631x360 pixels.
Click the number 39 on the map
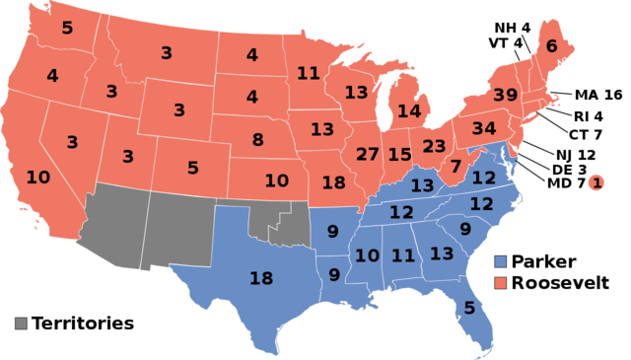click(x=505, y=95)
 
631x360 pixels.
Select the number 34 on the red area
click(x=484, y=129)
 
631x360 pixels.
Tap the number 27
click(x=368, y=155)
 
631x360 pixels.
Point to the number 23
click(x=435, y=146)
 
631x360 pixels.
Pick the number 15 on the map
click(x=399, y=155)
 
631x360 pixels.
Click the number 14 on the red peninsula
click(x=408, y=111)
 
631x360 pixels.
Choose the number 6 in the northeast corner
click(x=551, y=46)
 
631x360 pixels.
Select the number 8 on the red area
click(x=257, y=140)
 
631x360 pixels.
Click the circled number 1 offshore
click(x=596, y=182)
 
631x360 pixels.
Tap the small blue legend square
click(x=500, y=261)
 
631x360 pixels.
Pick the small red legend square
click(x=500, y=283)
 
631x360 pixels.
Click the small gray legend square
click(x=21, y=323)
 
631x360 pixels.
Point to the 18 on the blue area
click(x=261, y=279)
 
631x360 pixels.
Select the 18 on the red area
click(x=333, y=182)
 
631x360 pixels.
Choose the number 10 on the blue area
click(x=367, y=256)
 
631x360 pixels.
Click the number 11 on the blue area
click(x=403, y=256)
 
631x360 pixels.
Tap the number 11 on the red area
click(x=308, y=73)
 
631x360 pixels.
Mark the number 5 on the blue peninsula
click(x=469, y=308)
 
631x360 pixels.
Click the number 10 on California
click(x=38, y=178)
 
